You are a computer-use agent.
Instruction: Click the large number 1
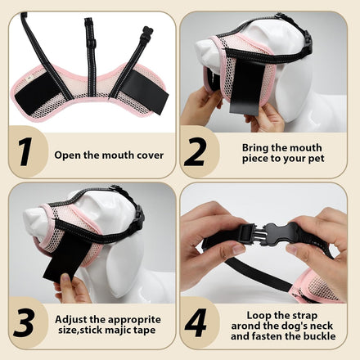[25, 151]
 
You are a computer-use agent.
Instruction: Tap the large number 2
[195, 151]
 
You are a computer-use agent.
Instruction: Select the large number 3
[25, 323]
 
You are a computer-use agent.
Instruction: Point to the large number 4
[196, 323]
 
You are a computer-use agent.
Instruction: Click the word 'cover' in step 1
[151, 155]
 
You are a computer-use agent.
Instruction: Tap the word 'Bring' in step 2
[255, 148]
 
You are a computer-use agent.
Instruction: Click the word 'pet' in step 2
[317, 159]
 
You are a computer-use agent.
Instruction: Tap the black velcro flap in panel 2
[247, 87]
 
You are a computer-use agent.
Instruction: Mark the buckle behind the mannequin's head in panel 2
[308, 41]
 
